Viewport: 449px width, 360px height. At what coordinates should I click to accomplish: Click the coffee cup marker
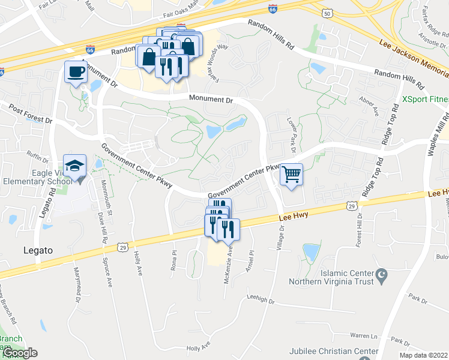[76, 72]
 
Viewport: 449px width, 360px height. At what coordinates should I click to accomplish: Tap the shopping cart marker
[291, 175]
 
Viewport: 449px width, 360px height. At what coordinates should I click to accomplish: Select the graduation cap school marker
[76, 166]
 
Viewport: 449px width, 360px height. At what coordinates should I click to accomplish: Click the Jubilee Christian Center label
[334, 352]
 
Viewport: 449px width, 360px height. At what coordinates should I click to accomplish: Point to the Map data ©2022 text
[424, 355]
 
